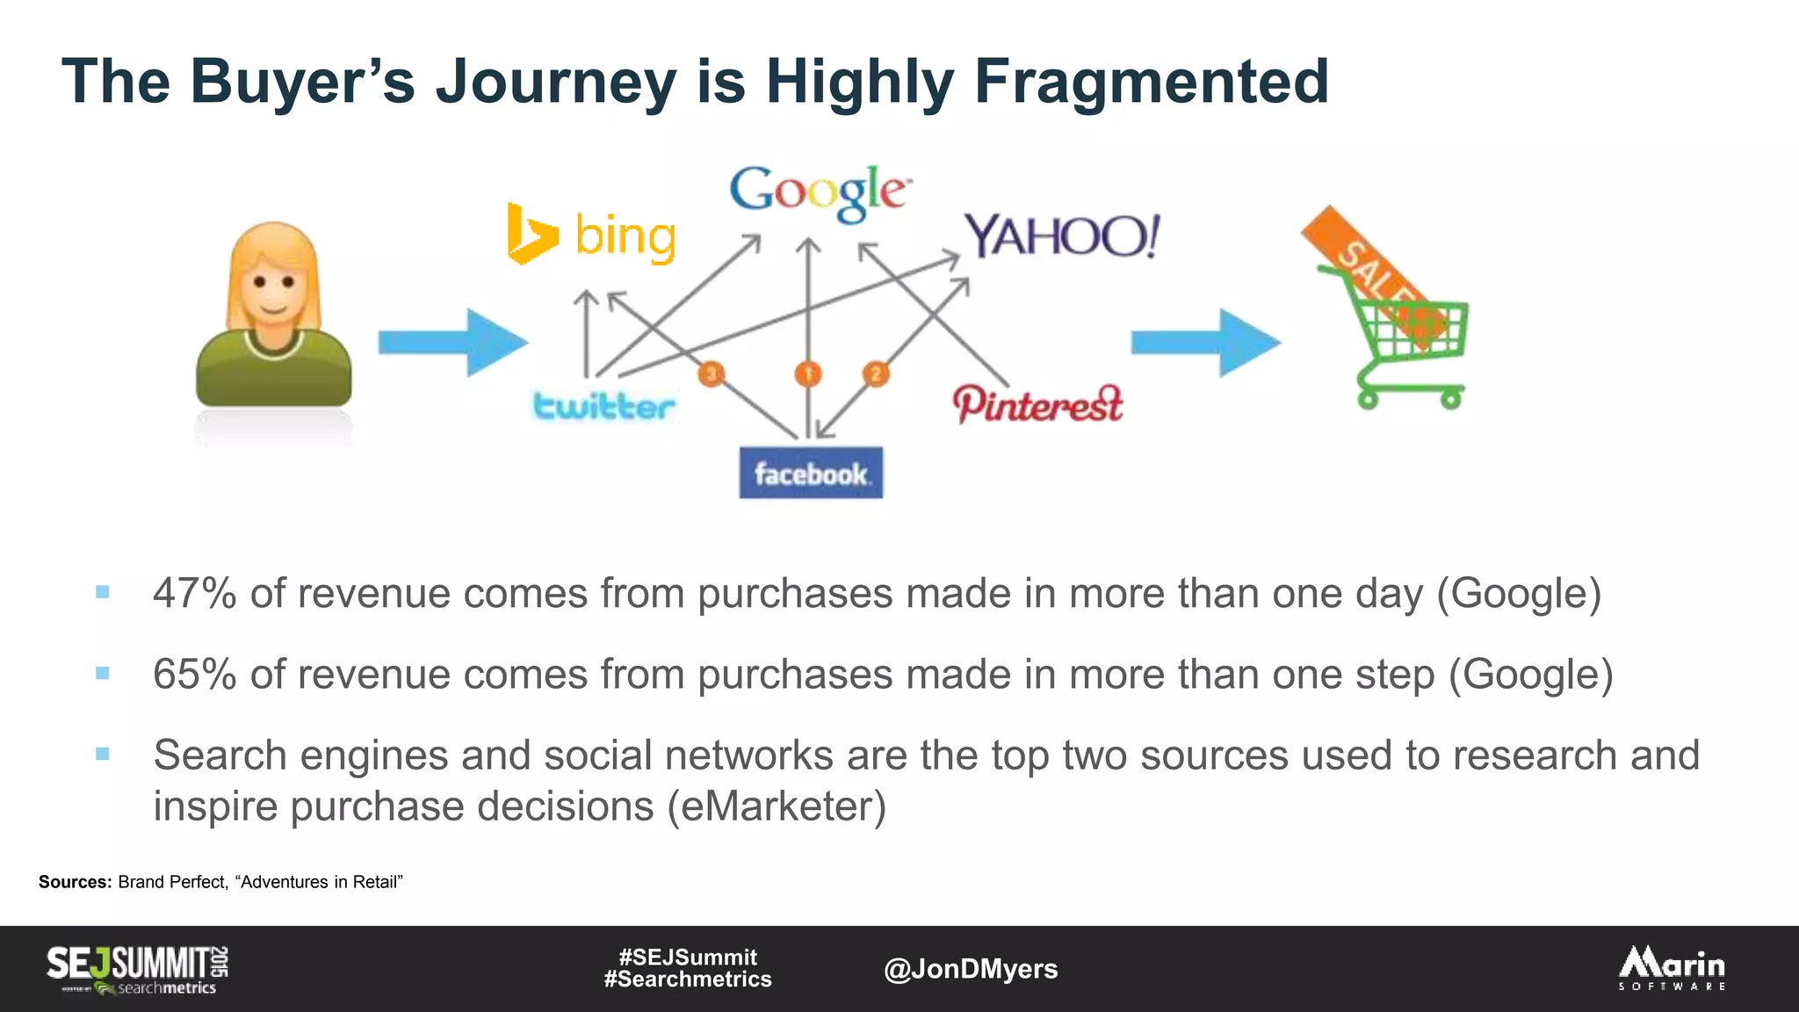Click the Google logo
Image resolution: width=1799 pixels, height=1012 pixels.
click(819, 192)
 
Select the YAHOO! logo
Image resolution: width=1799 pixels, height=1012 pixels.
click(1062, 235)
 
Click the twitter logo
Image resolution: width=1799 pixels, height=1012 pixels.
click(604, 406)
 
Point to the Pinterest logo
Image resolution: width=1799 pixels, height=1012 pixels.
click(1038, 404)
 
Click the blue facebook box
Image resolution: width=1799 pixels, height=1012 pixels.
click(811, 473)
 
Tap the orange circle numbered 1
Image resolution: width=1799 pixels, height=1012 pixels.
click(808, 374)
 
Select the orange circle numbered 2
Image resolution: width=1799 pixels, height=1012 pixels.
click(875, 374)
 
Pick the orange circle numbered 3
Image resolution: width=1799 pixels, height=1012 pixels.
click(712, 374)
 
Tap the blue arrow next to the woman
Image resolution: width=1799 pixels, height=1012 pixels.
click(452, 343)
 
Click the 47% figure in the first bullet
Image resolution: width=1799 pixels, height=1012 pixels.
click(194, 594)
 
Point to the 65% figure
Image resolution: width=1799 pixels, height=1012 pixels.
click(194, 675)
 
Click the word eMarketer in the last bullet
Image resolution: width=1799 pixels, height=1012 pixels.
click(777, 806)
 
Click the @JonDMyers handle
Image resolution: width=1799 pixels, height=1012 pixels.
click(971, 969)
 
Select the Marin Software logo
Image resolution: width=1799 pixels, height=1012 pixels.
click(1672, 968)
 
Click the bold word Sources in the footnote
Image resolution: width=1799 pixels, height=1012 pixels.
click(75, 882)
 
